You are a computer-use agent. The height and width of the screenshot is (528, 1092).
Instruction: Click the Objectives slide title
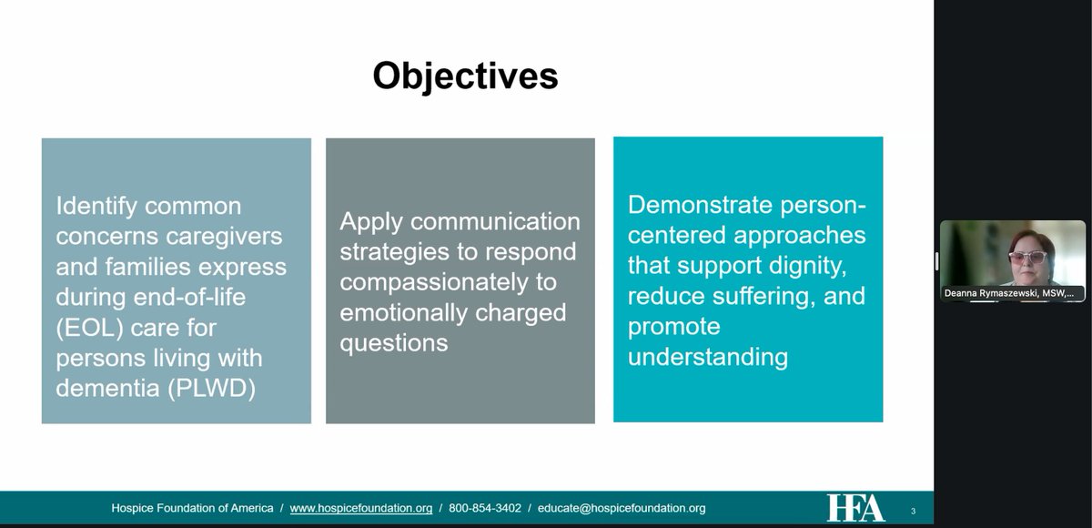(465, 76)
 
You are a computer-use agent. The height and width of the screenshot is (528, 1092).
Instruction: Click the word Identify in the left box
(96, 207)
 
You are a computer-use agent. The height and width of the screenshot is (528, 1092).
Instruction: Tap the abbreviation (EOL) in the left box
(89, 328)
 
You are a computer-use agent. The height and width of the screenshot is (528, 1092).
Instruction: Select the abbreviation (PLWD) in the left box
(211, 389)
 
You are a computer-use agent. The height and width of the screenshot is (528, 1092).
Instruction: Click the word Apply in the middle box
(371, 222)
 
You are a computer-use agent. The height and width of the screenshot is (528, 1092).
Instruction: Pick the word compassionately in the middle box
(433, 282)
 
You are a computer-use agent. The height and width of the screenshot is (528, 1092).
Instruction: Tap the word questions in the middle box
(393, 343)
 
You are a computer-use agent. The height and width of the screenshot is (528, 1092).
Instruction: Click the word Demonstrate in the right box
(700, 205)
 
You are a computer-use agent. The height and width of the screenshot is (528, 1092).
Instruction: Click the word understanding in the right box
(707, 358)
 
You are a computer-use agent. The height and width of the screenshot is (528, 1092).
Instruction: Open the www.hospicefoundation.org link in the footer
(360, 508)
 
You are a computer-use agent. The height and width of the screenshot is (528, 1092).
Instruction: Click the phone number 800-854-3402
(484, 508)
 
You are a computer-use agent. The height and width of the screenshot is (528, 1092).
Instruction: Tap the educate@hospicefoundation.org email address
(621, 508)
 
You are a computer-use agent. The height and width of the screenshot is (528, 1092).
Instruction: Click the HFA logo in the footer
(855, 508)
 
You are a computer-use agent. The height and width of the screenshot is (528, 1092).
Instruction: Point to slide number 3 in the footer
(913, 511)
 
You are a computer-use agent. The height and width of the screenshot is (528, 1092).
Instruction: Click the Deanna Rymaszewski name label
(1008, 293)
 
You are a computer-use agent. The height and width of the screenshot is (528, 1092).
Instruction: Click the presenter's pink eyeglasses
(1027, 257)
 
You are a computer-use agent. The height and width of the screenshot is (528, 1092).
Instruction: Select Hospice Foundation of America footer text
(192, 508)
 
